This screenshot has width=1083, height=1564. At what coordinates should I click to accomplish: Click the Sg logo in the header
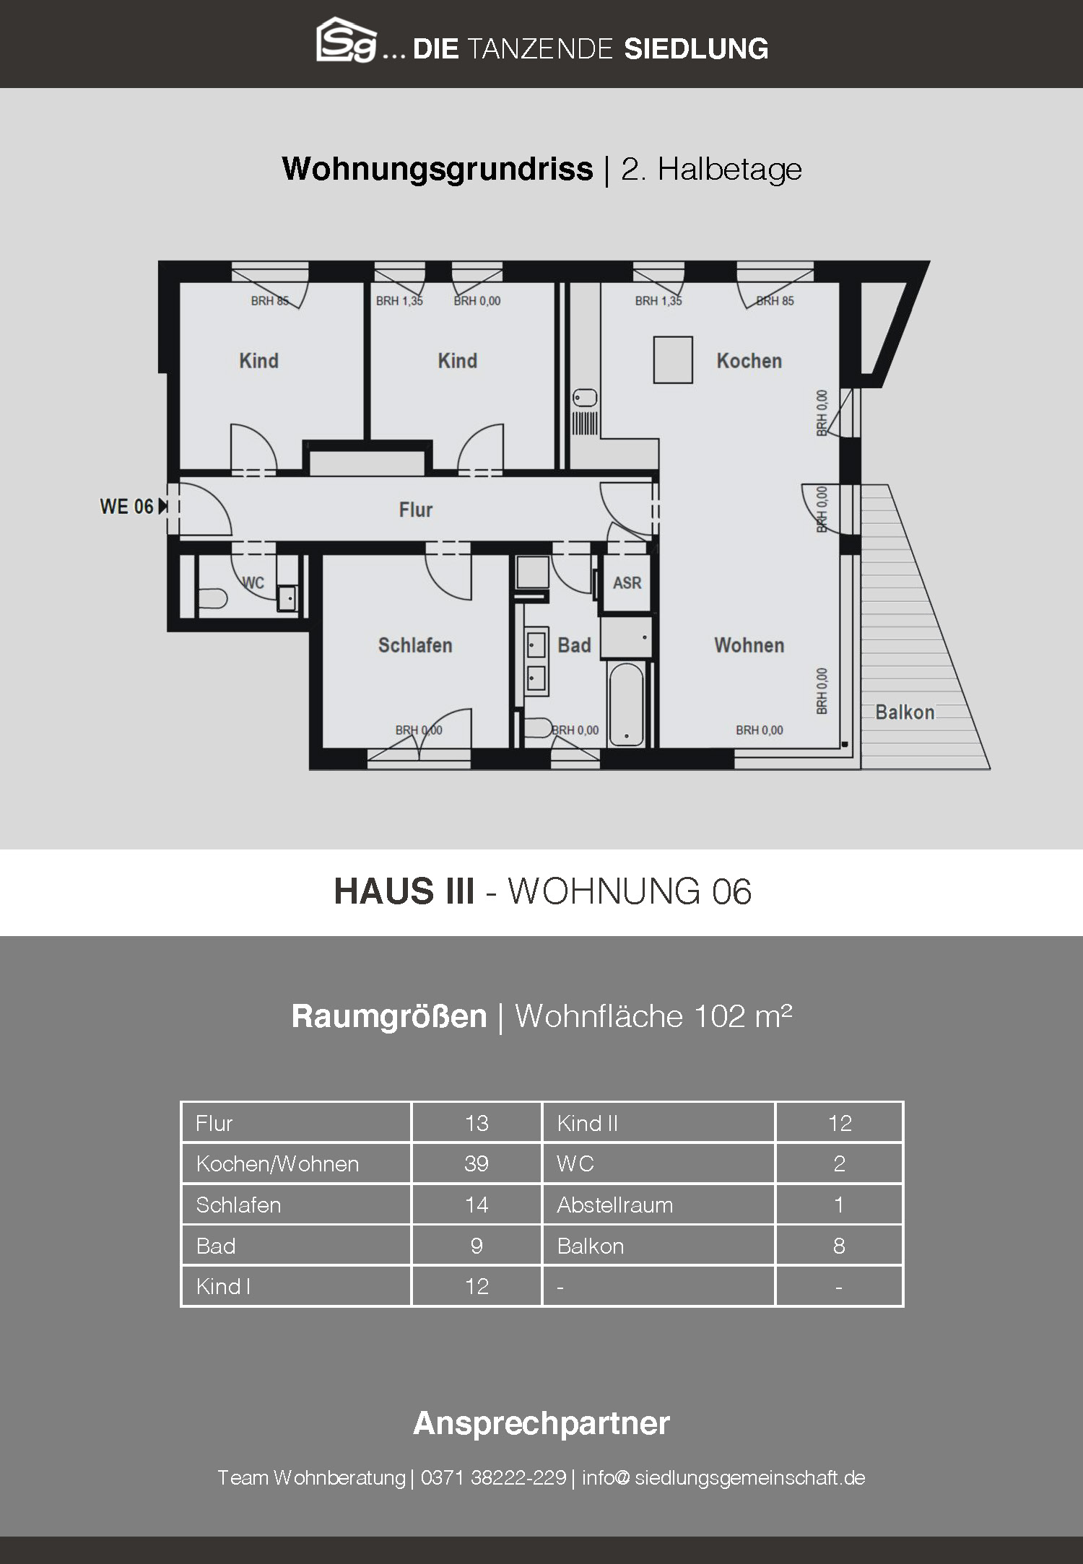click(347, 40)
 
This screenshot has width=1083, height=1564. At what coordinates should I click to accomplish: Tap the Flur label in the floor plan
click(415, 510)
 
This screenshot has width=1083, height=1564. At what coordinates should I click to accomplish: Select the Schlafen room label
click(415, 645)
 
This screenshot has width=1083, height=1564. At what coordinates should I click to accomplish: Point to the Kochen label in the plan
click(749, 361)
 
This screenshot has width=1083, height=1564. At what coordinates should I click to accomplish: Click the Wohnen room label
click(749, 645)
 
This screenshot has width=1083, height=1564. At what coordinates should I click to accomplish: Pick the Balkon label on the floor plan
click(905, 712)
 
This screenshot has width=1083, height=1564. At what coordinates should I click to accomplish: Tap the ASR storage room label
click(627, 582)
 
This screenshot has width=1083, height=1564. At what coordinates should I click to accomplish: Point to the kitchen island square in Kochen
click(673, 359)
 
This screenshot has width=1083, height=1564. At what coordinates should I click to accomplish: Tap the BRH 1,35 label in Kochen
click(658, 301)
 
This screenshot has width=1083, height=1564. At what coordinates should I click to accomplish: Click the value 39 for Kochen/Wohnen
click(477, 1163)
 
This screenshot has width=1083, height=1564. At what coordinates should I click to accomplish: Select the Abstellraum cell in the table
click(614, 1205)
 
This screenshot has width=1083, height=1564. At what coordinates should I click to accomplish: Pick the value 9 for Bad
click(477, 1246)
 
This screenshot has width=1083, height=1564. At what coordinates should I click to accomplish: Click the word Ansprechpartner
click(541, 1423)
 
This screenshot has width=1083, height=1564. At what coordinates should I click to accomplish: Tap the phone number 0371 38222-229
click(493, 1477)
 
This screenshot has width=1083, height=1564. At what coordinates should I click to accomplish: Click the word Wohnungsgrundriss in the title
click(438, 170)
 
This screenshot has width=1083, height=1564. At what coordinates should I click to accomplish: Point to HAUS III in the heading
click(404, 891)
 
